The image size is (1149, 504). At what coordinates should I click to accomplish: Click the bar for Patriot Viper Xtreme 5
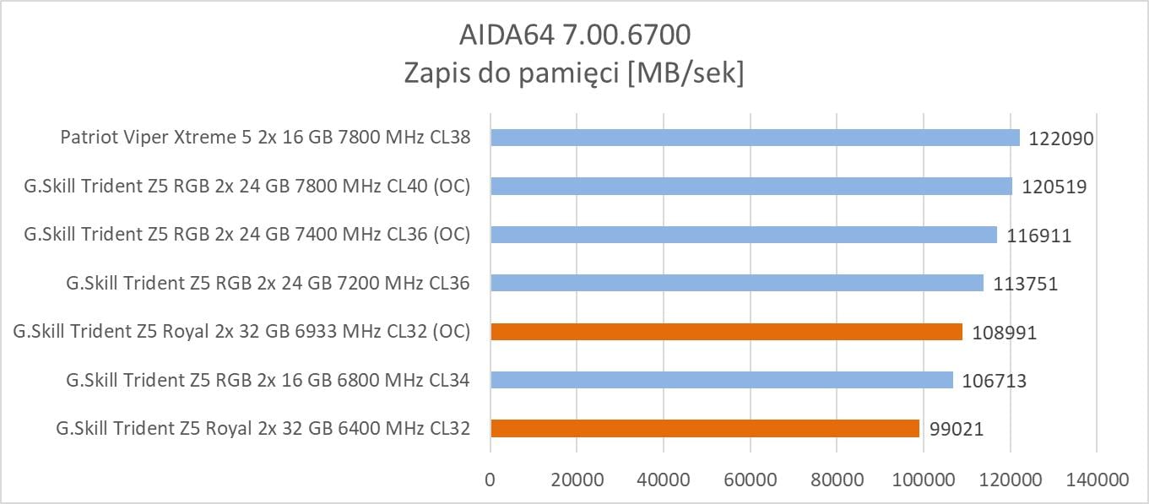(x=755, y=138)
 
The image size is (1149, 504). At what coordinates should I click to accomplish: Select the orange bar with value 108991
(x=726, y=332)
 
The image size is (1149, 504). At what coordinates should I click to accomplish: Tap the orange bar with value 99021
(x=704, y=429)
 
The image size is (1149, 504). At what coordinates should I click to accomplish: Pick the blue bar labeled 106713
(x=721, y=381)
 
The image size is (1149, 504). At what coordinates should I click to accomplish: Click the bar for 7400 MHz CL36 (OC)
(x=743, y=235)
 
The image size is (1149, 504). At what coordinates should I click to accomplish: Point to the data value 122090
(x=1061, y=138)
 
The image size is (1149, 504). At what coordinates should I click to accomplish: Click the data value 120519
(x=1054, y=187)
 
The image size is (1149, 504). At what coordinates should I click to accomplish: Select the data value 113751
(x=1025, y=284)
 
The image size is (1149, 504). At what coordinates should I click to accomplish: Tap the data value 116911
(x=1038, y=236)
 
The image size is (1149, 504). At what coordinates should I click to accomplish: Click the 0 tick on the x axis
(x=490, y=480)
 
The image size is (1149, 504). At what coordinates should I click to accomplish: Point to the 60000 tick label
(x=750, y=480)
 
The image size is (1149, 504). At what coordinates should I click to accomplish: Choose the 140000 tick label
(x=1095, y=480)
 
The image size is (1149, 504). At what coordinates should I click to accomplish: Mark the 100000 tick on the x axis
(x=923, y=480)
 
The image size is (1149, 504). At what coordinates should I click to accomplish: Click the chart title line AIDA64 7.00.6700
(x=574, y=35)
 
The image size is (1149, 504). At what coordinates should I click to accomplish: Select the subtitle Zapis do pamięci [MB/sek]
(x=574, y=73)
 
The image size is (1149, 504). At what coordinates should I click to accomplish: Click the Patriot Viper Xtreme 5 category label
(x=265, y=138)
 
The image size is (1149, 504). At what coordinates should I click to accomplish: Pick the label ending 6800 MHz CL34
(x=268, y=381)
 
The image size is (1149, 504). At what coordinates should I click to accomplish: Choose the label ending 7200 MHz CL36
(x=268, y=284)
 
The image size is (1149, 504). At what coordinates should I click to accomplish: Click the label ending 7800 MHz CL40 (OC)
(x=247, y=187)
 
